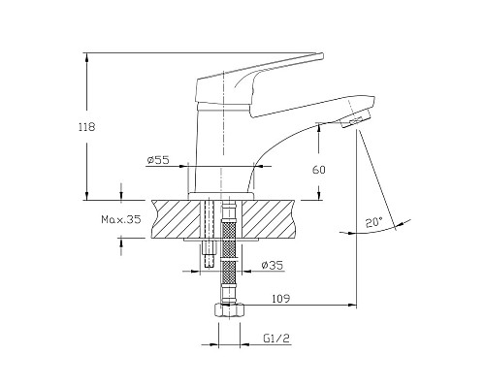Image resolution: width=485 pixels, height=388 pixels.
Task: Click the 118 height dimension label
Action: pyautogui.click(x=87, y=127)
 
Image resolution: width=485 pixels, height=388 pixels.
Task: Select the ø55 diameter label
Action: pyautogui.click(x=158, y=160)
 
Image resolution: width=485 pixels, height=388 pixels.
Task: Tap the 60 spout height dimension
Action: pyautogui.click(x=319, y=170)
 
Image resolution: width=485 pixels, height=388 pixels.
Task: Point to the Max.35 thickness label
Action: pyautogui.click(x=121, y=219)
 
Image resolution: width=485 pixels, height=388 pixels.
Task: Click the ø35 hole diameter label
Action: pyautogui.click(x=272, y=265)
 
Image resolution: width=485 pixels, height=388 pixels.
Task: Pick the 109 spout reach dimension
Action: pyautogui.click(x=280, y=299)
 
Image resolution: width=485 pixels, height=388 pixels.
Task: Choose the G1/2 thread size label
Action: pyautogui.click(x=276, y=339)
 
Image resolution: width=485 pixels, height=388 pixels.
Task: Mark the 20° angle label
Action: pyautogui.click(x=374, y=222)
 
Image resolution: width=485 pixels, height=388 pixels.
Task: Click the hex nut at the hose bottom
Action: pyautogui.click(x=229, y=310)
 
